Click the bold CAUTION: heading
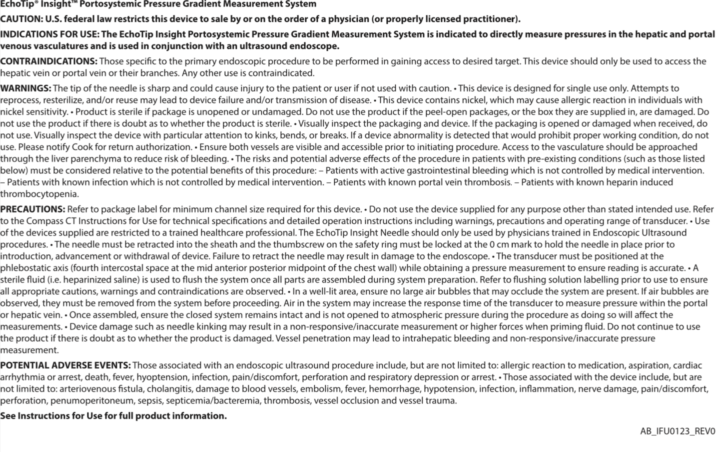(x=21, y=19)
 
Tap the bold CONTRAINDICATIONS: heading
(x=48, y=61)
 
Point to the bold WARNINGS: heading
(x=25, y=88)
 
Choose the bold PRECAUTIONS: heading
(x=32, y=209)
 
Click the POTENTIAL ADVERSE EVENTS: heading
(x=65, y=365)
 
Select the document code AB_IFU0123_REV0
(x=678, y=431)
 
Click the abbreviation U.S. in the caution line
(x=53, y=19)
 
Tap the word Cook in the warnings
(x=82, y=147)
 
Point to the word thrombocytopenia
(x=39, y=194)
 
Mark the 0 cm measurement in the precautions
(x=499, y=244)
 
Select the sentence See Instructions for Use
(x=113, y=416)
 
